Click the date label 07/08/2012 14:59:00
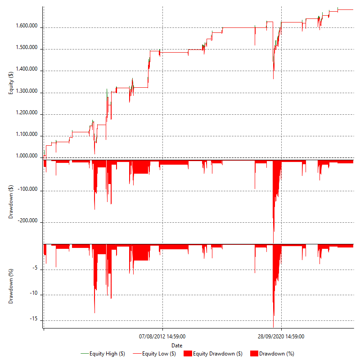coord(162,336)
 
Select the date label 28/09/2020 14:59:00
coord(281,336)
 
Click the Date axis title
coord(177,345)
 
